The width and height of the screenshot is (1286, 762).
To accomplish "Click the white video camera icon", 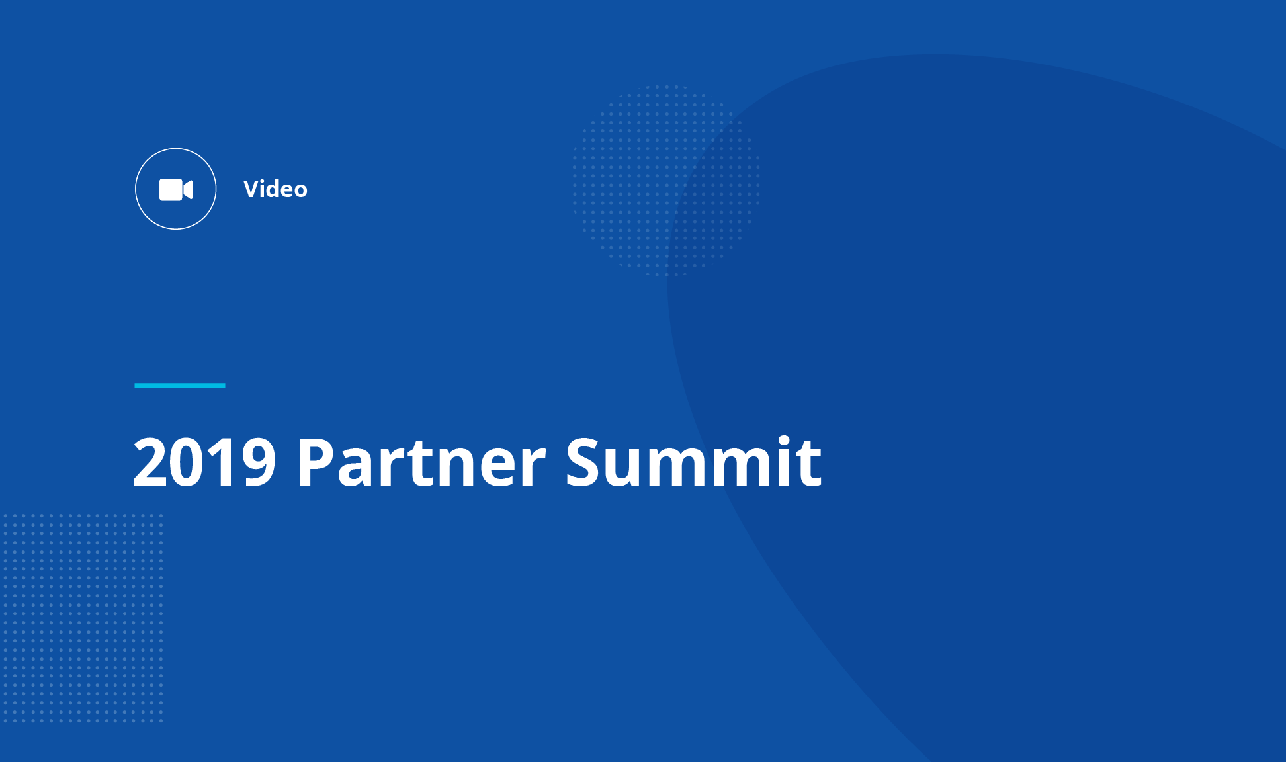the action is coord(176,189).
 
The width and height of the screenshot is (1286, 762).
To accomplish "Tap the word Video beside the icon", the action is coord(275,189).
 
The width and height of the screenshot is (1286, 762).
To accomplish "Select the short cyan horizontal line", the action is coord(180,386).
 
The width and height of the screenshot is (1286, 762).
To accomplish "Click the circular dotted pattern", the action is coord(666,180).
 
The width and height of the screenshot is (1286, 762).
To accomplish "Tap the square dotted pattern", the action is coord(82,618).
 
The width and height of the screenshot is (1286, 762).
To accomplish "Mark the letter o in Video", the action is coord(300,192).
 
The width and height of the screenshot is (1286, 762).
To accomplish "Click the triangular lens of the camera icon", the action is coord(189,190).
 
